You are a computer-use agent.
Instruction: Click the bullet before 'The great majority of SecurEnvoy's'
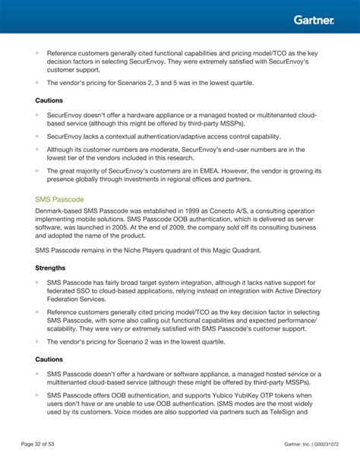(x=36, y=171)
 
